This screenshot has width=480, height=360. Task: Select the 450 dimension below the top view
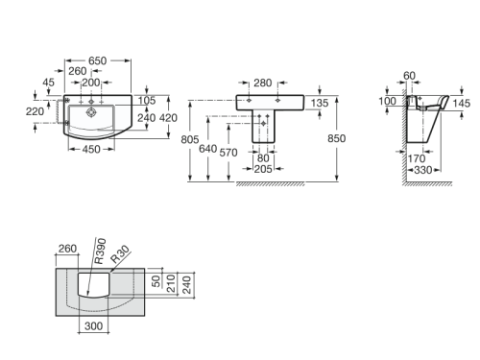tap(92, 149)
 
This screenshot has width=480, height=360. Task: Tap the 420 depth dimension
tap(168, 118)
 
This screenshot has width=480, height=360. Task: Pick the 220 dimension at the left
tap(35, 110)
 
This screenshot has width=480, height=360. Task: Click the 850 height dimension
tap(336, 137)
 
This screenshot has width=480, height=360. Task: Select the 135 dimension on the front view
tap(322, 103)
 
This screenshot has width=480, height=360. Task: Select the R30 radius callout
tap(119, 255)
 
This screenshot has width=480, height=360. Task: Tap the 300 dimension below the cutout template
tap(92, 326)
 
